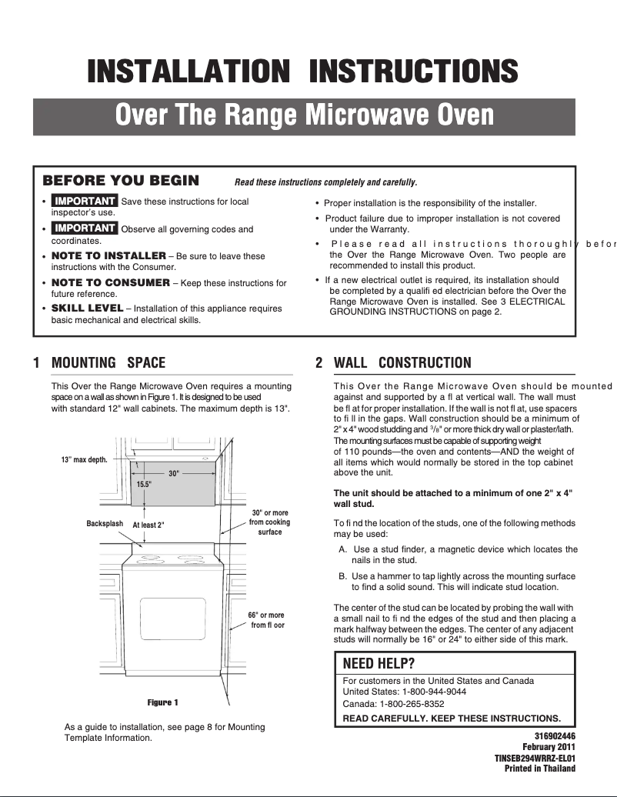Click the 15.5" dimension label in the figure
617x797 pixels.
[x=144, y=484]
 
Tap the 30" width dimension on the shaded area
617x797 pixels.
[x=173, y=473]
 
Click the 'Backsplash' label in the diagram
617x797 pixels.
[x=105, y=524]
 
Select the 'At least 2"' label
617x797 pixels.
[x=148, y=525]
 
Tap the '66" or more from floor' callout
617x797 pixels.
[x=266, y=620]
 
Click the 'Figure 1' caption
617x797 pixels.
[x=162, y=702]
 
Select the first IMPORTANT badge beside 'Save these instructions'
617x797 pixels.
[x=84, y=202]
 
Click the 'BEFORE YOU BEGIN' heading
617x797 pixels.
[x=121, y=182]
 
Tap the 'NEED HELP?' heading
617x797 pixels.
[x=379, y=664]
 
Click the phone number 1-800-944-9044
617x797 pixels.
[x=435, y=692]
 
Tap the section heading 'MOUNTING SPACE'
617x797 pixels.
[x=108, y=363]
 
